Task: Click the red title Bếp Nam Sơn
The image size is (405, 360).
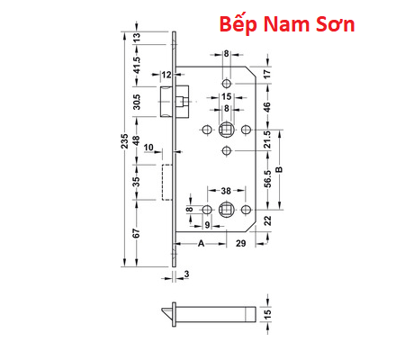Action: [287, 25]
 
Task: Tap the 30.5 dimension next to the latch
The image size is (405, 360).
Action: [136, 101]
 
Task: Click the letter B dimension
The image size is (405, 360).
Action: [280, 168]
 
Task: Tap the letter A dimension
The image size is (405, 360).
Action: [200, 244]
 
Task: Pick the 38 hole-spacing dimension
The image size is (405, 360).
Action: [226, 190]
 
